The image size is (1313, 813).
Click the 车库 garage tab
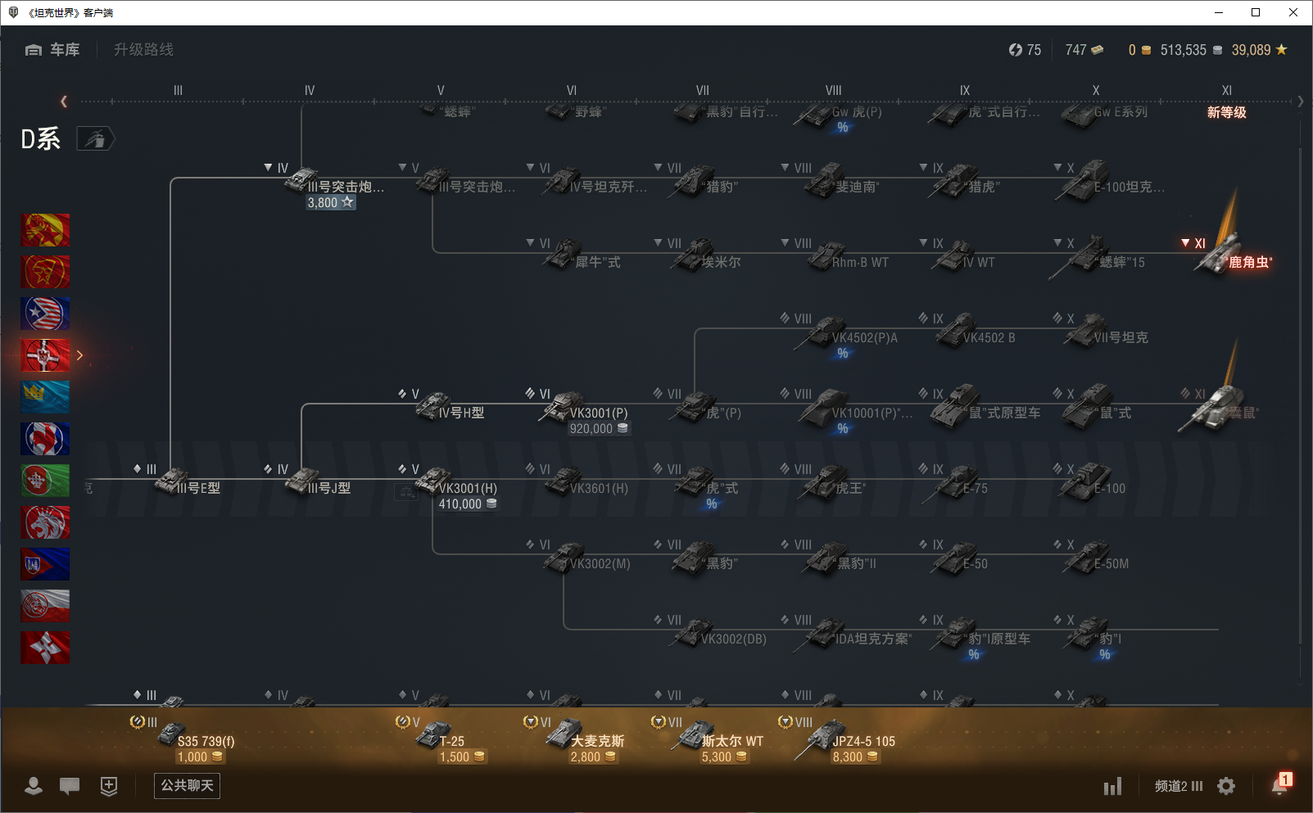click(53, 50)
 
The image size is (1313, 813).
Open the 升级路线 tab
click(143, 50)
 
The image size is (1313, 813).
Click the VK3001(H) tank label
click(468, 488)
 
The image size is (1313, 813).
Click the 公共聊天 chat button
click(187, 786)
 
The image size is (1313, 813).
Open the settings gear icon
click(1226, 786)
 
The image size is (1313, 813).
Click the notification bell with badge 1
click(1279, 785)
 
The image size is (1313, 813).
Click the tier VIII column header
click(833, 90)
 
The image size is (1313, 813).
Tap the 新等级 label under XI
click(1226, 112)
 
